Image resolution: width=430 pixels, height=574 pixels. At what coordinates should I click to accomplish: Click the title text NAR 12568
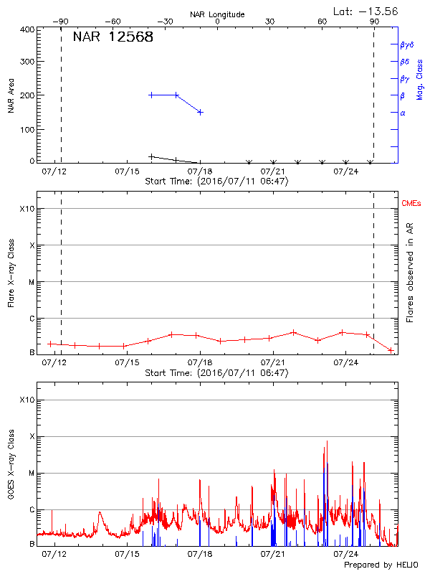coord(113,37)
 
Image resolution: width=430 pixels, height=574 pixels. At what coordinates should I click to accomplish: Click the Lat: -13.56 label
coord(366,11)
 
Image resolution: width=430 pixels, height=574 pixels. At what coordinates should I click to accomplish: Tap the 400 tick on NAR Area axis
coord(27,29)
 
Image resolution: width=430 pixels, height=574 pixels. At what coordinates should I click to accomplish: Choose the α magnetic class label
coord(403,113)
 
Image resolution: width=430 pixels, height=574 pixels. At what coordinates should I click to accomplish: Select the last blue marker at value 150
coord(200,112)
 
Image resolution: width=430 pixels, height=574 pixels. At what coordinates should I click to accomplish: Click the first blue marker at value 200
coord(151,95)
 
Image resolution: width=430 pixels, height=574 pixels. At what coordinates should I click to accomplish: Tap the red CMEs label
coord(412,204)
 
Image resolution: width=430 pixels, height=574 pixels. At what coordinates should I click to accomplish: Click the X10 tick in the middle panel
coord(27,209)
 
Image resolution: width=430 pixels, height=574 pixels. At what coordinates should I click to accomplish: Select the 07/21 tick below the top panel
coord(273,171)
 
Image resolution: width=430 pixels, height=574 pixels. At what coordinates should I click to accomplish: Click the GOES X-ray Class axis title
coord(11,464)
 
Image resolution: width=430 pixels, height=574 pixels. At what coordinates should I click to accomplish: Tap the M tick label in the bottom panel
coord(32,474)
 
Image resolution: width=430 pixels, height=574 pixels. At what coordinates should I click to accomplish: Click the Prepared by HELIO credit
coord(381,565)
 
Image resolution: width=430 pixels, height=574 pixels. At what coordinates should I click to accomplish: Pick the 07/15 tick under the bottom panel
coord(127,554)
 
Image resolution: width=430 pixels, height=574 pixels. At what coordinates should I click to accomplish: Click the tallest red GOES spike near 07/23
coord(327,441)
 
